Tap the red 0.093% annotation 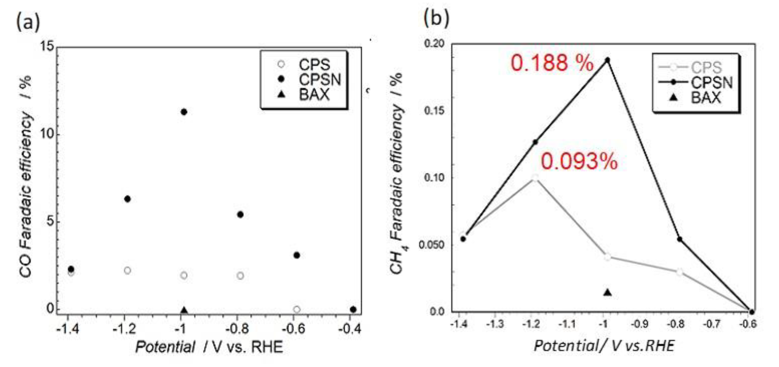579,161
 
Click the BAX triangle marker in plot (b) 608,293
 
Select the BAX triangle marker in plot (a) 184,310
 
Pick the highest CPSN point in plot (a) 184,112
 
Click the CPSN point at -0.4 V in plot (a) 353,310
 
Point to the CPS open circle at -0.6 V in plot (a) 297,309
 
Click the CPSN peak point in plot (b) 607,60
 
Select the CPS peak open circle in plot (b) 535,178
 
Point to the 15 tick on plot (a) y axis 47,47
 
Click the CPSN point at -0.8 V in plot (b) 680,239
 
